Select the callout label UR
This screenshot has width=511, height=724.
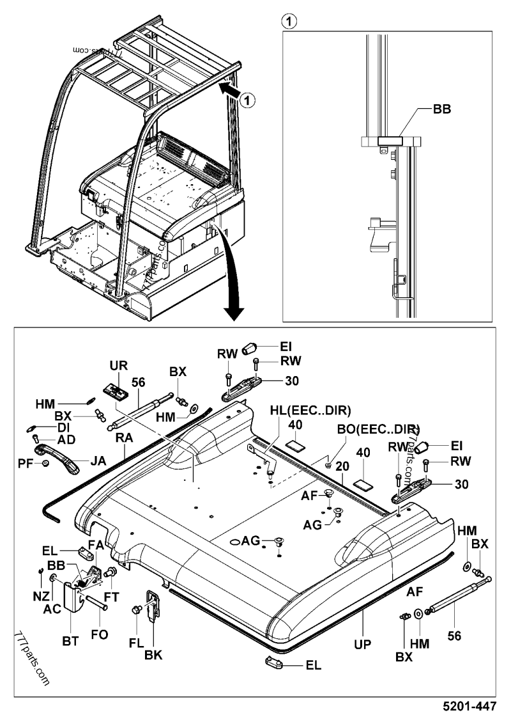click(119, 366)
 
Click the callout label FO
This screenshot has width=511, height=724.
click(100, 634)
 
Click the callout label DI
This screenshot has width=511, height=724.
click(63, 427)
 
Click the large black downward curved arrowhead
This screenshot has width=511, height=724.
click(234, 311)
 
